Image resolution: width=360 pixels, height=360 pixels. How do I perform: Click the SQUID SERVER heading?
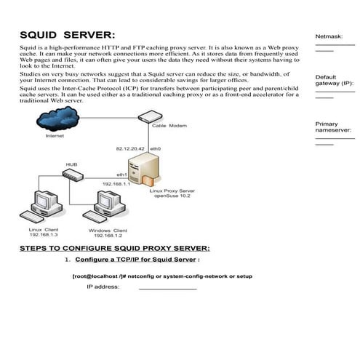coord(67,35)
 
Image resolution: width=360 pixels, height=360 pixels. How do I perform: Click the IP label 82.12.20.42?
coord(129,148)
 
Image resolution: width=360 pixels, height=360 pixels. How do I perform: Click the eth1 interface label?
coord(122,175)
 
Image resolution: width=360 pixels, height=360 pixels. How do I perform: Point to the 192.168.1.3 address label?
coord(44,236)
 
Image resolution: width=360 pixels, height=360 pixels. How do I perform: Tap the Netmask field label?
coord(328,36)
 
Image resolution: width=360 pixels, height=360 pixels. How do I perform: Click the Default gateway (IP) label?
coord(334,80)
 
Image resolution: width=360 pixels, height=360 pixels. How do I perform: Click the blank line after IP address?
coord(167,288)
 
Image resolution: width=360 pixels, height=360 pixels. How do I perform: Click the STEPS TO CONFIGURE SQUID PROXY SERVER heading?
coord(114,248)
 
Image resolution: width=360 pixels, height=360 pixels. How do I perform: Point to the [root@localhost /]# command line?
coord(162,276)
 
